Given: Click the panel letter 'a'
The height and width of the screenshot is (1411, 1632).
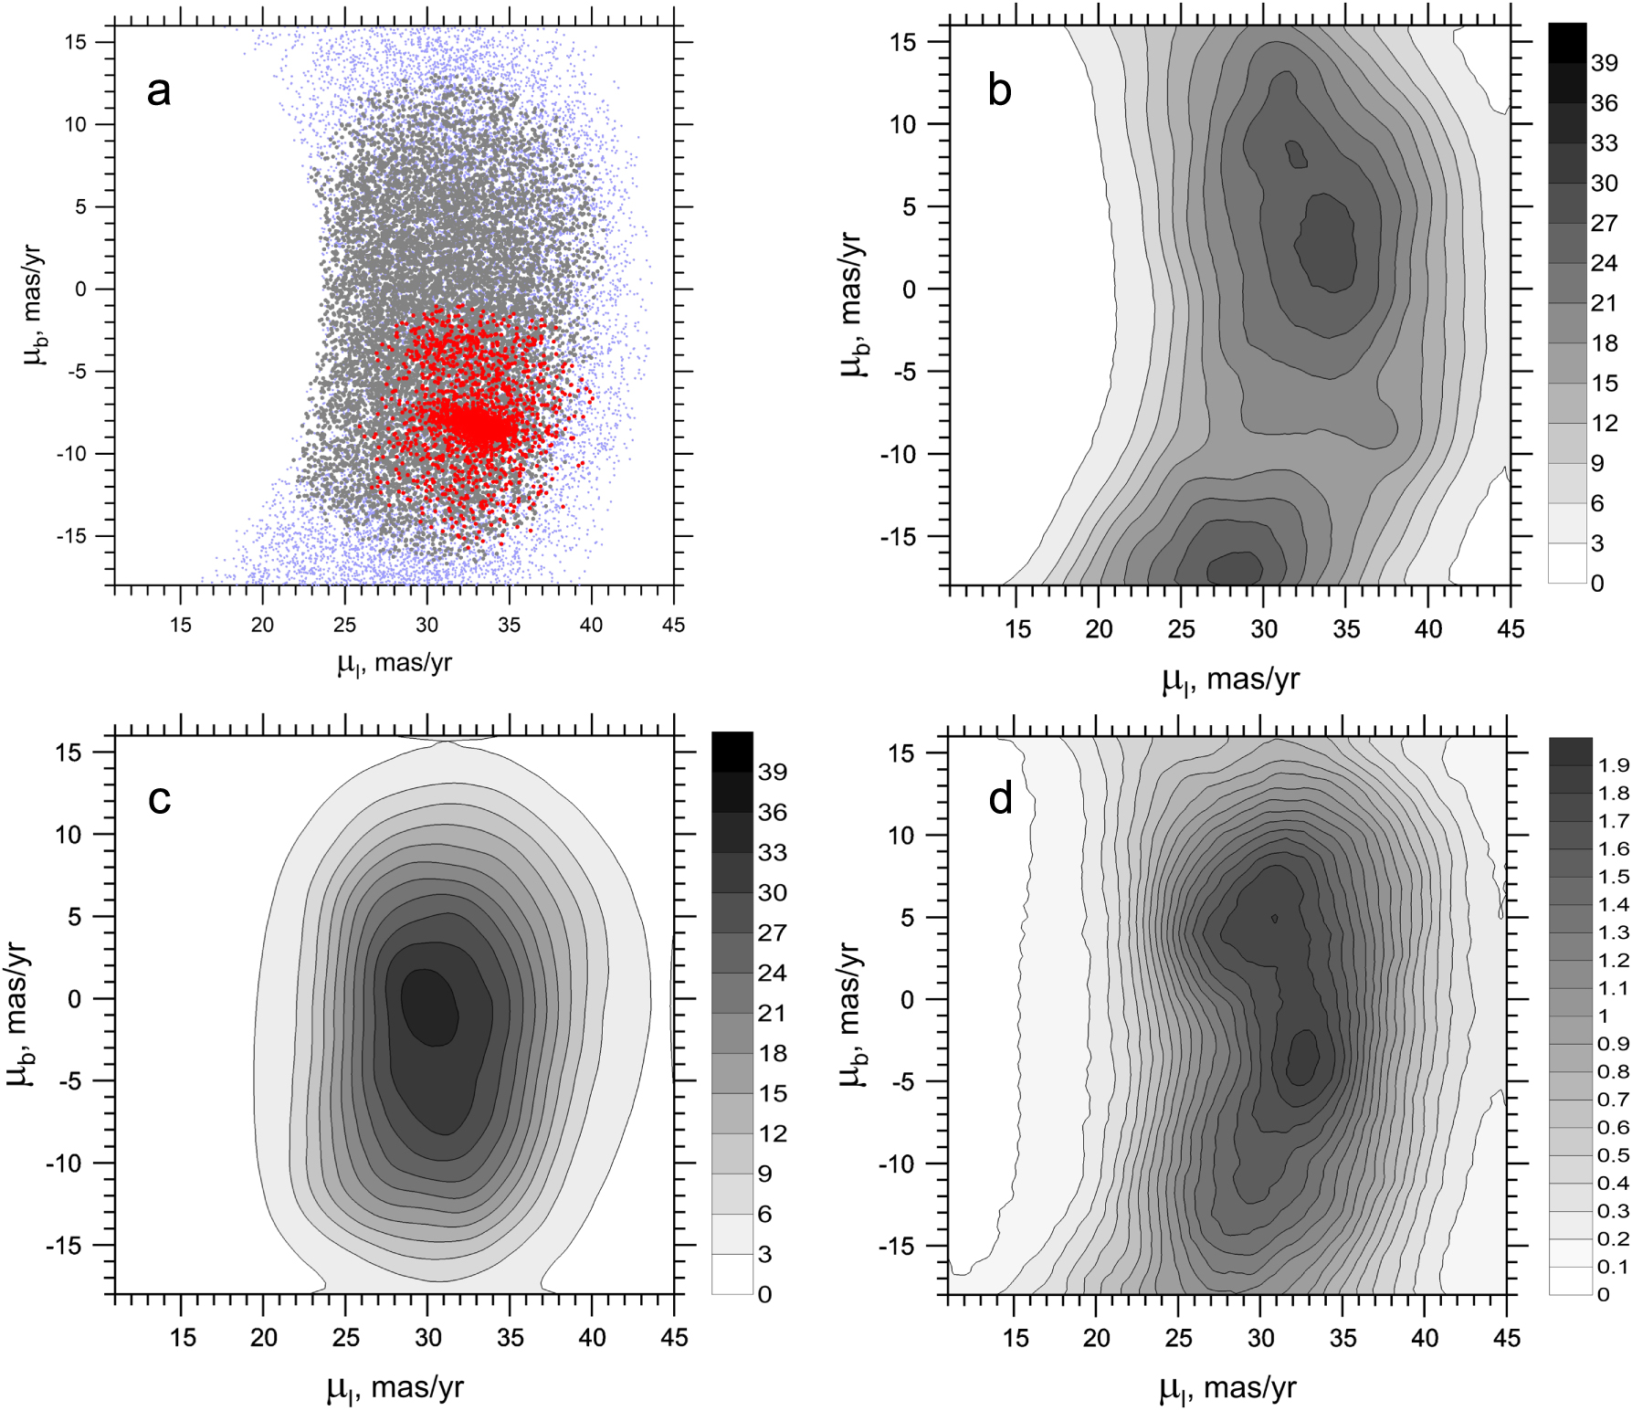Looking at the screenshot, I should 159,90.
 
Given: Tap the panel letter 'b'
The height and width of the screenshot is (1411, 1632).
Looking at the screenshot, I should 1000,90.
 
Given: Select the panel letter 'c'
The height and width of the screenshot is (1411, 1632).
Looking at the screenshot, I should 159,799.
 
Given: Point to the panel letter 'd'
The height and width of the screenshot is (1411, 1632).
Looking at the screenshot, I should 1000,799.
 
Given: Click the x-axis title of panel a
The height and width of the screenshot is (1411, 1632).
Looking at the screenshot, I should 395,663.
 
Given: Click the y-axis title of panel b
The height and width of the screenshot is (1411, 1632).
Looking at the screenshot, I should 851,304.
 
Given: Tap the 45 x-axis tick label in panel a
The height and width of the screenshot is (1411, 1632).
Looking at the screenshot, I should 673,626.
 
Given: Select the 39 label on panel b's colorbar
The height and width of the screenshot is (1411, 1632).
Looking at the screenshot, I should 1604,63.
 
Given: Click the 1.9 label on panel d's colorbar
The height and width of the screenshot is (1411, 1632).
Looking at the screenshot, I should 1614,765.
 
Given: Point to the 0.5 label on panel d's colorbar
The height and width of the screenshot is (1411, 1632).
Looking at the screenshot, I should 1614,1155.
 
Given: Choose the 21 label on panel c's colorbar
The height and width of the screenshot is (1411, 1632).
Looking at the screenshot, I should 772,1013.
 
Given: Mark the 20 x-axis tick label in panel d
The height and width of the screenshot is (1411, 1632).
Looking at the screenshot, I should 1096,1338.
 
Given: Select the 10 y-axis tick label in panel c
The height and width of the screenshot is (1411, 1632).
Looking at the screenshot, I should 68,834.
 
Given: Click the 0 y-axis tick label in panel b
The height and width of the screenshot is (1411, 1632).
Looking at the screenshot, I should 909,290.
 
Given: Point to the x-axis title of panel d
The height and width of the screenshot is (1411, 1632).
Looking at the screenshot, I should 1227,1389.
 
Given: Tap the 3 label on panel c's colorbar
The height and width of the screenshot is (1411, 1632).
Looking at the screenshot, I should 764,1254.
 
